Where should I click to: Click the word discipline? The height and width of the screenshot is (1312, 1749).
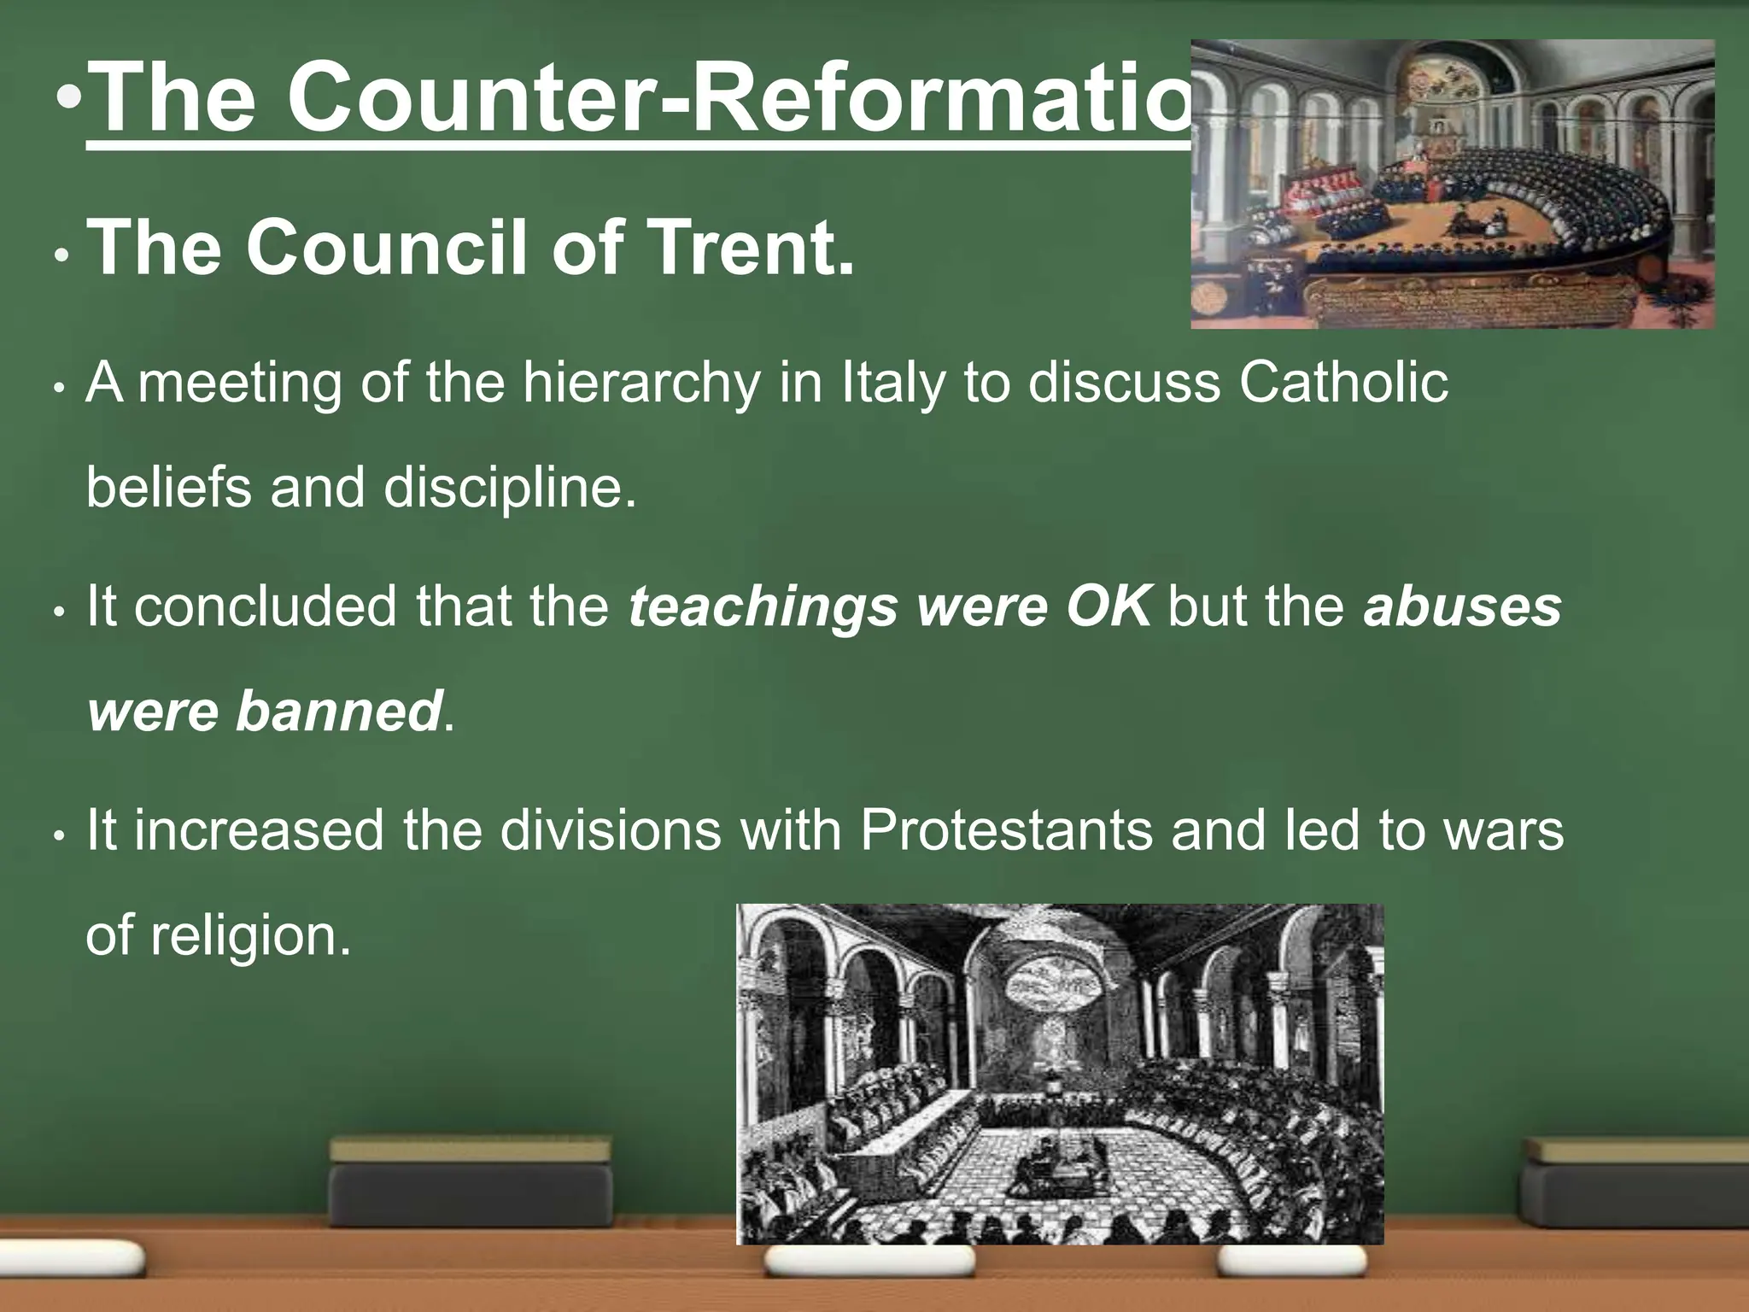(x=510, y=489)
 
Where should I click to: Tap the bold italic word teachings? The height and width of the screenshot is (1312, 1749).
(x=763, y=606)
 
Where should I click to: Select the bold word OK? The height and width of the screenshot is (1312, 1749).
(x=1108, y=606)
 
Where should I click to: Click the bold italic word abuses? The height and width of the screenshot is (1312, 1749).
(x=1462, y=606)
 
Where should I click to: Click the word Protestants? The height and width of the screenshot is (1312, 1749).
(x=1006, y=830)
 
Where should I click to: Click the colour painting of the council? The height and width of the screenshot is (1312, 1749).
(x=1452, y=184)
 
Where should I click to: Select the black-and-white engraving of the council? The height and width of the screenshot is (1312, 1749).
(x=1059, y=1074)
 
